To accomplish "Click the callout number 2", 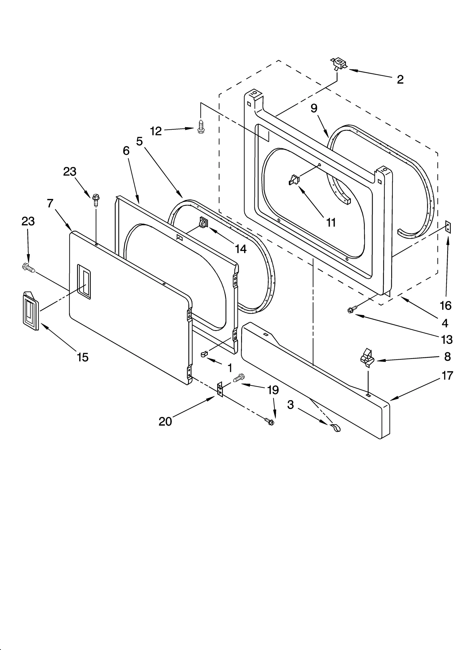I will (400, 79).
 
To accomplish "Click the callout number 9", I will (314, 109).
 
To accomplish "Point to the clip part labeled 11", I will (293, 180).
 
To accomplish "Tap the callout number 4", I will (445, 323).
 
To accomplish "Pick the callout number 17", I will (447, 376).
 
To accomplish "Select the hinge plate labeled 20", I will (220, 390).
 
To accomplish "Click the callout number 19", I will (273, 390).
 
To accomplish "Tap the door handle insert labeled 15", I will (31, 311).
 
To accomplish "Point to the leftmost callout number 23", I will (28, 221).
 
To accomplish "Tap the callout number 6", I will (126, 151).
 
